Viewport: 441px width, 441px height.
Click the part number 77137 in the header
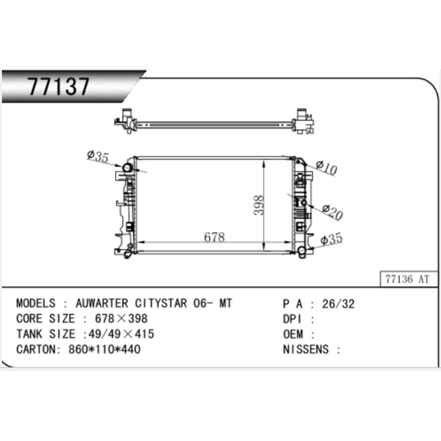tap(58, 86)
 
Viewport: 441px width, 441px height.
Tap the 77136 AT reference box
tap(409, 279)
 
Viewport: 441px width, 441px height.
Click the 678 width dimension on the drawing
tap(214, 237)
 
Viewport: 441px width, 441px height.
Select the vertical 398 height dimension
tap(259, 205)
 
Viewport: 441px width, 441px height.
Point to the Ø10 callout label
tap(326, 168)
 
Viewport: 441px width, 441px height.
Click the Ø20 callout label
tap(332, 212)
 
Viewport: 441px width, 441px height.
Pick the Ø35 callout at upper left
tap(98, 156)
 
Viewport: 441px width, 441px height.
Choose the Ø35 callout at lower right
tap(332, 239)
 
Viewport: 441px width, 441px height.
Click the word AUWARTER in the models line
tap(102, 303)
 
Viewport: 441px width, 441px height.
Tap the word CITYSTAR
tap(161, 303)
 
